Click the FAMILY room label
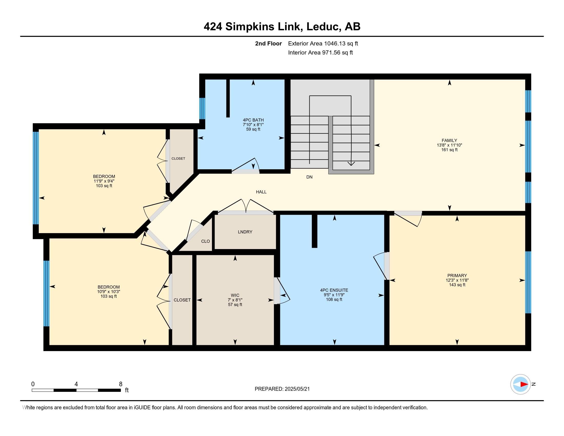pyautogui.click(x=449, y=141)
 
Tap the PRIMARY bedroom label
pyautogui.click(x=457, y=275)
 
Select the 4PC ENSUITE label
pyautogui.click(x=334, y=290)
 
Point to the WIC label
pyautogui.click(x=235, y=295)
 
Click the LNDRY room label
pyautogui.click(x=245, y=232)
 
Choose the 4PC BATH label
pyautogui.click(x=253, y=120)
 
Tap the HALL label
pyautogui.click(x=261, y=192)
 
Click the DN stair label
pyautogui.click(x=309, y=177)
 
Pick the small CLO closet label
pyautogui.click(x=206, y=241)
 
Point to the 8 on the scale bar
pyautogui.click(x=120, y=384)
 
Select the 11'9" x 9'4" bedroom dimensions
pyautogui.click(x=104, y=181)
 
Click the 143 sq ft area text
pyautogui.click(x=457, y=285)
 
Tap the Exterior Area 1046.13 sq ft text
pyautogui.click(x=323, y=43)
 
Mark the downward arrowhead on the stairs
pyautogui.click(x=351, y=164)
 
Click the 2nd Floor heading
pyautogui.click(x=268, y=43)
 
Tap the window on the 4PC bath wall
pyautogui.click(x=202, y=108)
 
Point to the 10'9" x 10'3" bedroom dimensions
pyautogui.click(x=108, y=292)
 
